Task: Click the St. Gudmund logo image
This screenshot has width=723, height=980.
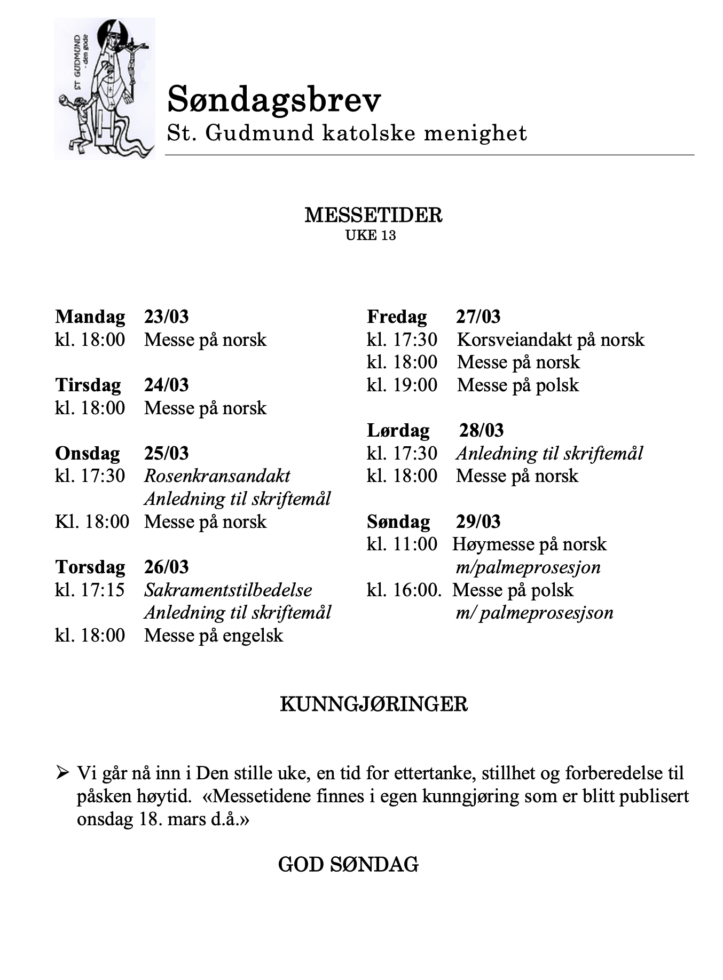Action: pyautogui.click(x=105, y=88)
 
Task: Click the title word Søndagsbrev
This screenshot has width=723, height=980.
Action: pyautogui.click(x=274, y=100)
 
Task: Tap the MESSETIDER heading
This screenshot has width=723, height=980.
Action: pyautogui.click(x=373, y=215)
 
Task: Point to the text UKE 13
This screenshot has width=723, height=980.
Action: pyautogui.click(x=371, y=235)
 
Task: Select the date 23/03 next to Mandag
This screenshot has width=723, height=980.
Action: pyautogui.click(x=166, y=317)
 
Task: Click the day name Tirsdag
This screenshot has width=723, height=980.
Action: pyautogui.click(x=88, y=385)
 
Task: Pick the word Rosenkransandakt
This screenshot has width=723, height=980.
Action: pyautogui.click(x=217, y=476)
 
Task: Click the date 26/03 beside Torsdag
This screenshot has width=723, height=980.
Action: pyautogui.click(x=166, y=567)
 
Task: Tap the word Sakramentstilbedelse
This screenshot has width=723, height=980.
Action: pyautogui.click(x=228, y=590)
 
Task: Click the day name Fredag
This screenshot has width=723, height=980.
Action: pyautogui.click(x=397, y=317)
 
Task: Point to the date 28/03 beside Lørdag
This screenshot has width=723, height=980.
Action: pyautogui.click(x=481, y=430)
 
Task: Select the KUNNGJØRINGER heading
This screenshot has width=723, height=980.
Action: pyautogui.click(x=373, y=704)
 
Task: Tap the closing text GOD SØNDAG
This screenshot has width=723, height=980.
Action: pyautogui.click(x=348, y=864)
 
